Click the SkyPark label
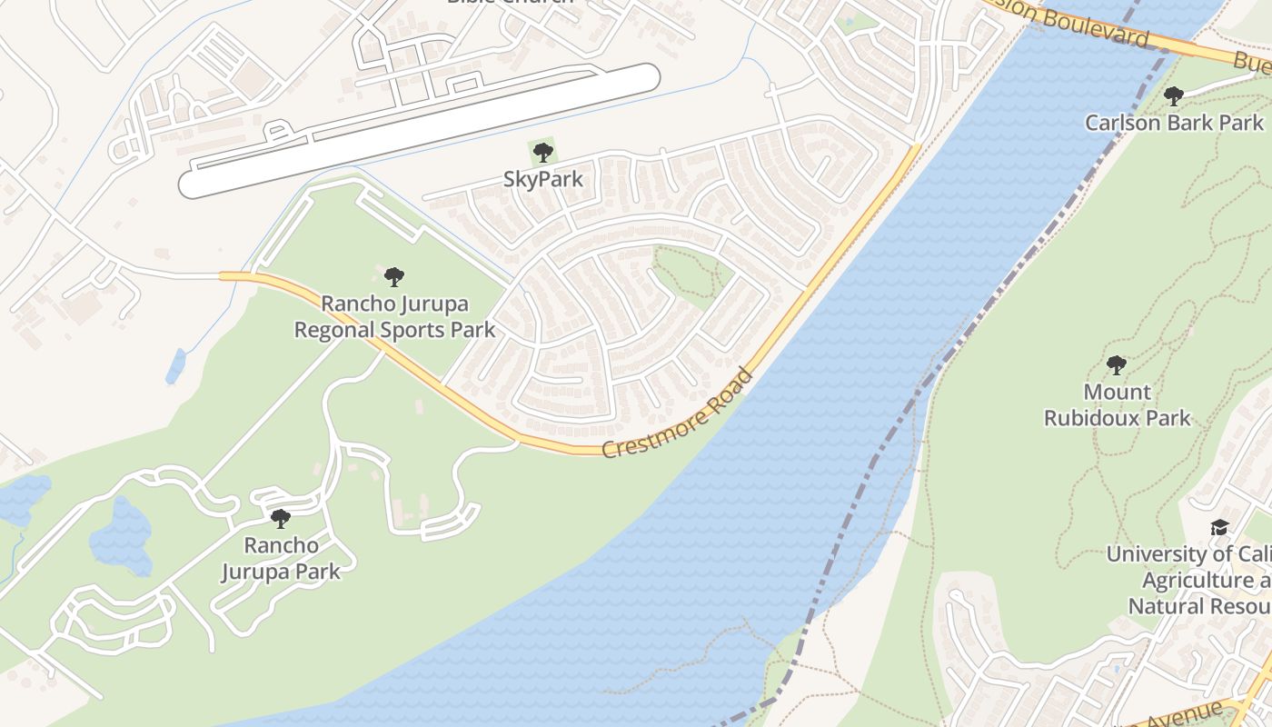tap(542, 179)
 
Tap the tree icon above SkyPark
tap(542, 152)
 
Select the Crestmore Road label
tap(678, 413)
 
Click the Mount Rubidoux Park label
tap(1117, 405)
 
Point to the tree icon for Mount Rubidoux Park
tap(1117, 365)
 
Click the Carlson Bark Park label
tap(1174, 123)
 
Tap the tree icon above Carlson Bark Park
tap(1174, 95)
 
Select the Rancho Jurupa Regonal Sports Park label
tap(394, 315)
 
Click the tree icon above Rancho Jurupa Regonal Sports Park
tap(393, 276)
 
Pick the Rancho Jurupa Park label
tap(281, 558)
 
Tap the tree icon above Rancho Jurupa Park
tap(281, 519)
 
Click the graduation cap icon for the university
tap(1219, 528)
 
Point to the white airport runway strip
tap(418, 131)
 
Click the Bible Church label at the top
tap(511, 3)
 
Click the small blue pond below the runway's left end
tap(175, 366)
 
